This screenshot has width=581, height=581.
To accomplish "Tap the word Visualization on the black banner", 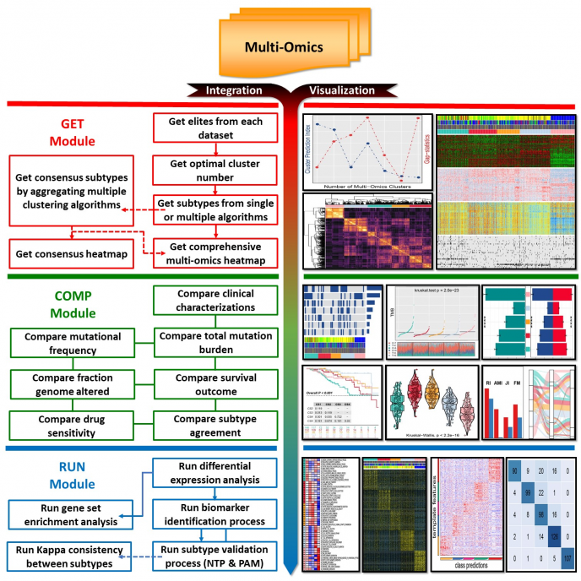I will coord(343,90).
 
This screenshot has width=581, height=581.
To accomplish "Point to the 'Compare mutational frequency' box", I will coord(75,343).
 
